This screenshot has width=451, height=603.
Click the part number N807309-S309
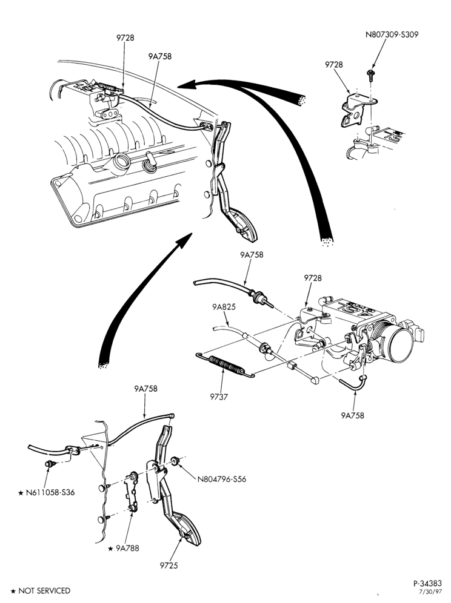392,35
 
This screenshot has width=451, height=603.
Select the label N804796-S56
221,479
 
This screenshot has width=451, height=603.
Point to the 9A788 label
124,548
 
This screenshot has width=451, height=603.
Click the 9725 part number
169,565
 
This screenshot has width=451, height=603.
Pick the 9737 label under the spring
219,397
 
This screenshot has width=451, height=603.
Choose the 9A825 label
224,307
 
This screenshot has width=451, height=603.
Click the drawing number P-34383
427,584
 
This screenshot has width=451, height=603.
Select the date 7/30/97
430,592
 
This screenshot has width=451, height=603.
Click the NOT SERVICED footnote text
41,591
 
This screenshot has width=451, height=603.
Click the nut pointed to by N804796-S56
176,461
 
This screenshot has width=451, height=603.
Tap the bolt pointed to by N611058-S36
50,464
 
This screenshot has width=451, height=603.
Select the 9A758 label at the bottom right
352,415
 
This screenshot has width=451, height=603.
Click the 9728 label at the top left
125,38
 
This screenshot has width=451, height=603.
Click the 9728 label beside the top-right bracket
333,65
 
